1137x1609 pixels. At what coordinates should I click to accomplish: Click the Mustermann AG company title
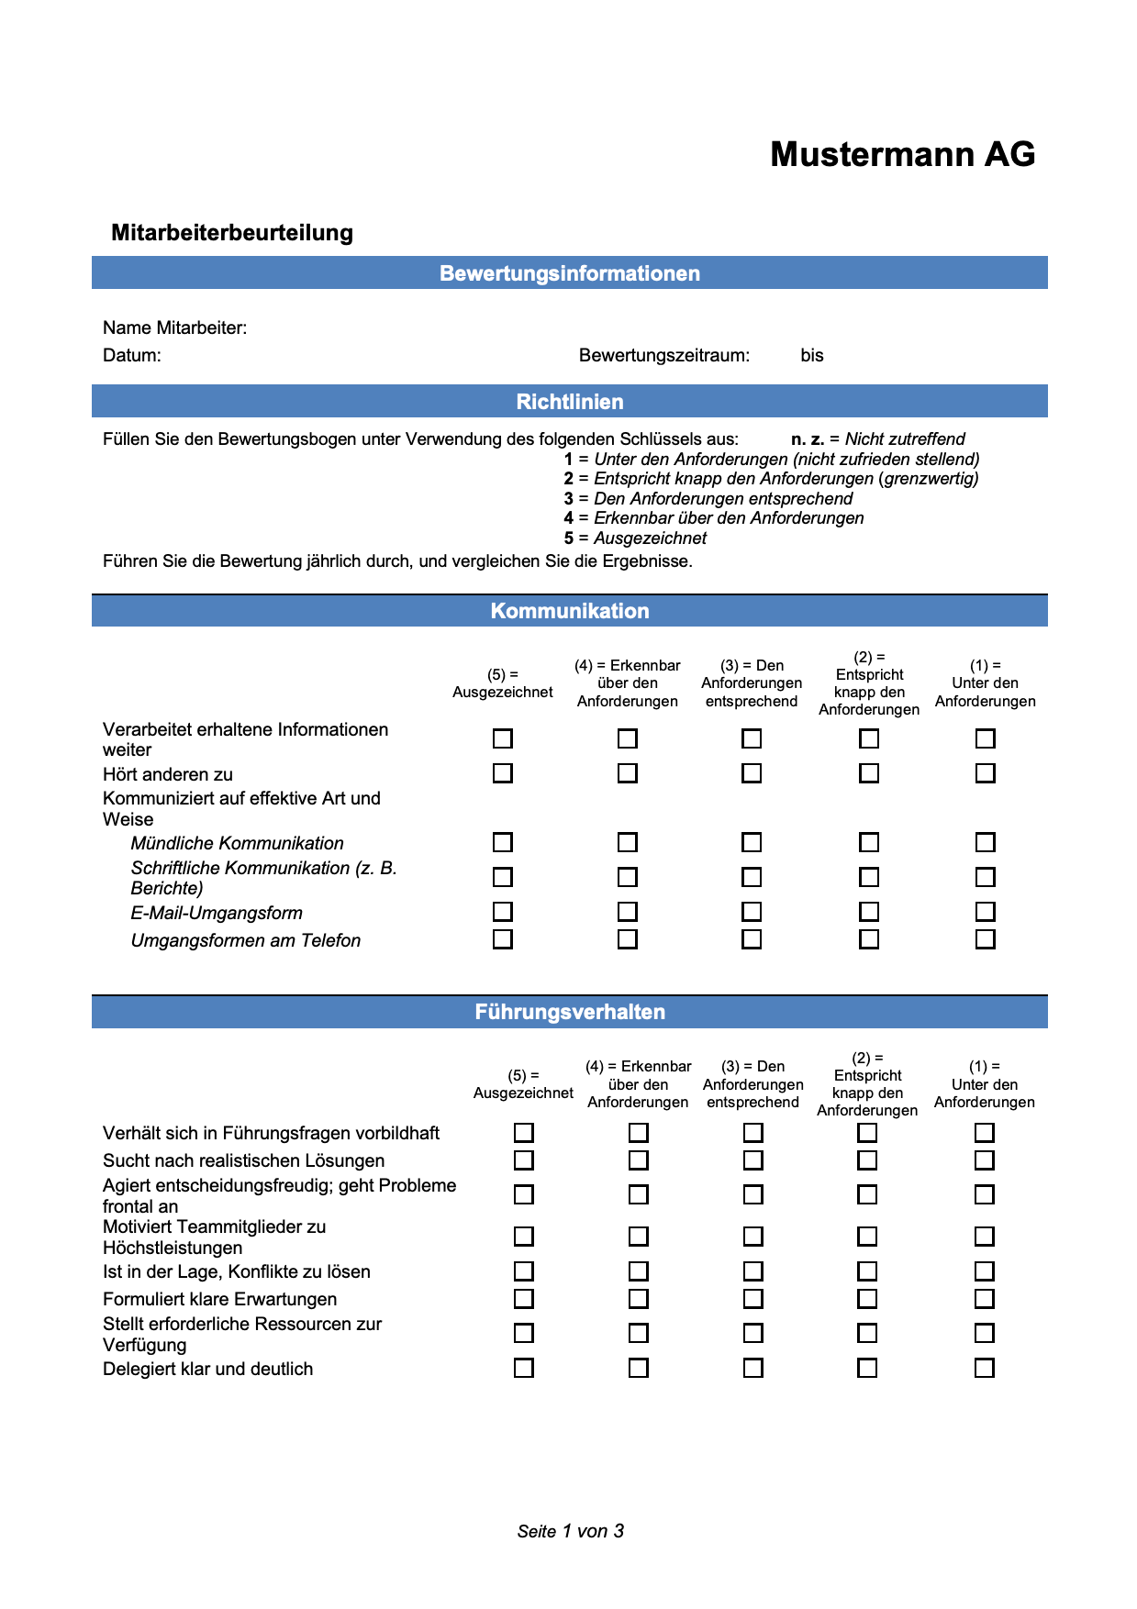coord(902,154)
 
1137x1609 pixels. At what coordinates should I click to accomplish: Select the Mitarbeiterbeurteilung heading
coord(231,232)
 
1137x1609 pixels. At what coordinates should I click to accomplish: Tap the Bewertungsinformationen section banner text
coord(569,273)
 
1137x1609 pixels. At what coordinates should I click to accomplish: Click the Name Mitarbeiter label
coord(174,327)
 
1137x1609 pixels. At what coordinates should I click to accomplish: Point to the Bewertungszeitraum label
coord(663,355)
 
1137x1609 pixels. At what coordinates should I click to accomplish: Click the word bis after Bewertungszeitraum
coord(812,355)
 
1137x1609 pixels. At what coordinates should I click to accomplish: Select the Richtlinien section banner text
coord(569,402)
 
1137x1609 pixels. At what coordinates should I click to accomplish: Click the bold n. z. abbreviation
coord(807,439)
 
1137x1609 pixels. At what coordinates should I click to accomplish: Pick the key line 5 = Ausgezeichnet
coord(635,538)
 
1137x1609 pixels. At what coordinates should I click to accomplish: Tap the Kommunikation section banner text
coord(569,611)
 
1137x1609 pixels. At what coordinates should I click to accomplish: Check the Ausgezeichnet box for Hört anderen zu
coord(503,773)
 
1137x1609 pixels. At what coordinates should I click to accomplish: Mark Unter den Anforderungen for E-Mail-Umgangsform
coord(985,912)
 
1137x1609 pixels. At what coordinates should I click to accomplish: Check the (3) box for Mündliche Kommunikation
coord(752,842)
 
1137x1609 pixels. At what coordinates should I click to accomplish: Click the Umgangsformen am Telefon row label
coord(245,940)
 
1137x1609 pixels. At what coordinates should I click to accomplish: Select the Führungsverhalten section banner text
coord(569,1012)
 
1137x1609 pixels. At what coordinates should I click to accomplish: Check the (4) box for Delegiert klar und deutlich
coord(639,1368)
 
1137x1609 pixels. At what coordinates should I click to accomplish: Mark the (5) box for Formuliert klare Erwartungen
coord(524,1299)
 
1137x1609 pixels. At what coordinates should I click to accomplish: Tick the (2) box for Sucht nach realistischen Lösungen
coord(867,1160)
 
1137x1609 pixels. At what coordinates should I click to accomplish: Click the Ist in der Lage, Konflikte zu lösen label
coord(236,1271)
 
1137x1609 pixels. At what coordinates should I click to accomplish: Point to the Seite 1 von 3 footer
coord(570,1531)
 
